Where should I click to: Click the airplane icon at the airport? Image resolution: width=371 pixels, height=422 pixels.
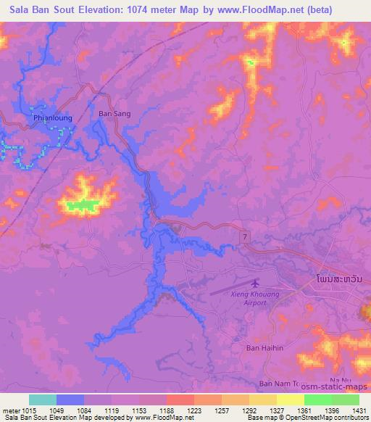pos(254,284)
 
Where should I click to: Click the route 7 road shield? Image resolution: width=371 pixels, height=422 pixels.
pos(246,238)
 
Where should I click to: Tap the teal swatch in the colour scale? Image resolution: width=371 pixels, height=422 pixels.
pos(43,400)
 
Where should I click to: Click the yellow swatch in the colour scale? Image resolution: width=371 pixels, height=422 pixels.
pos(291,400)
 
